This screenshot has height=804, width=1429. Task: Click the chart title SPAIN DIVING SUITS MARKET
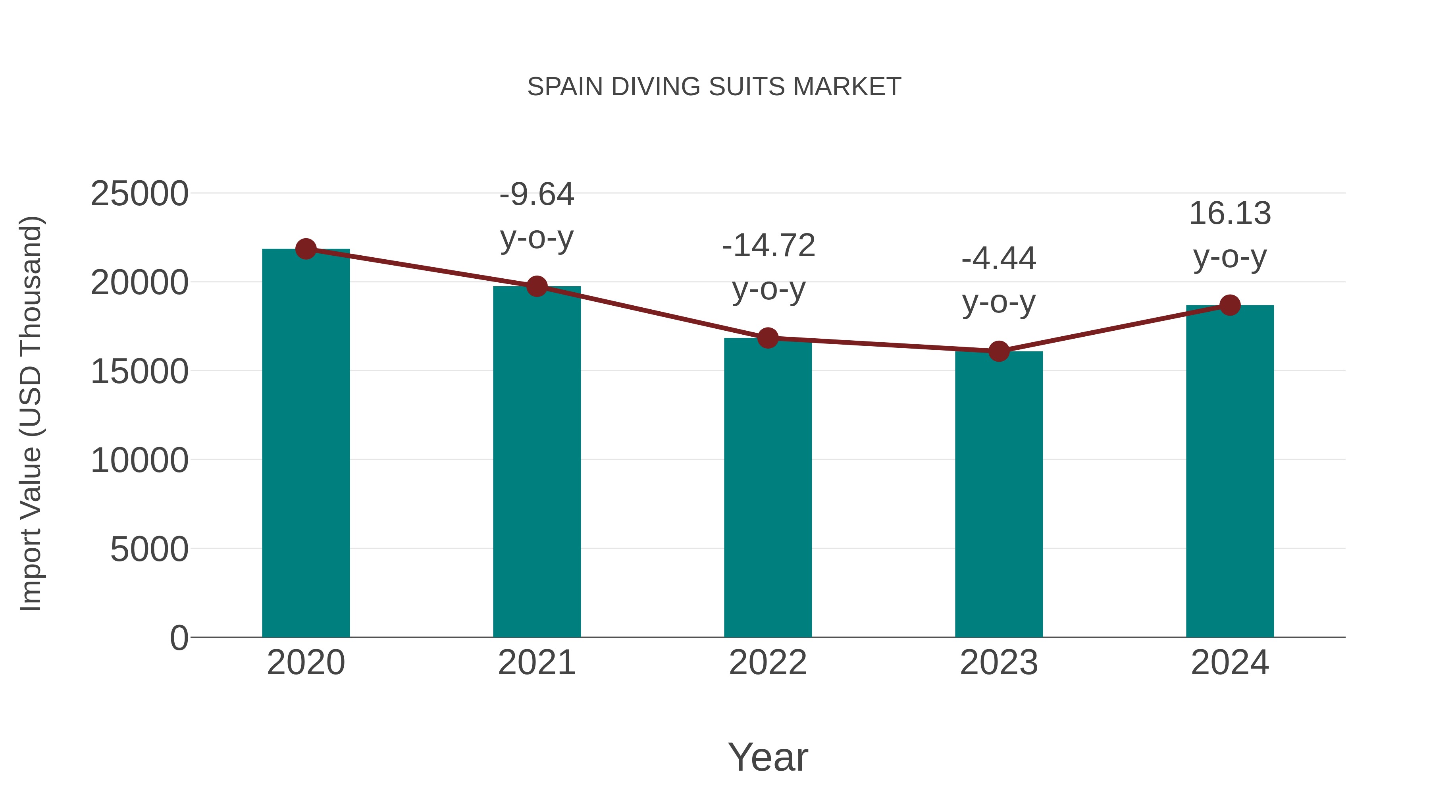pos(714,87)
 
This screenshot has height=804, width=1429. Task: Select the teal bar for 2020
pos(306,444)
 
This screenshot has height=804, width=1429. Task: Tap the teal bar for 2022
pos(768,488)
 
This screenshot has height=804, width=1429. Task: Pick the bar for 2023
pos(999,494)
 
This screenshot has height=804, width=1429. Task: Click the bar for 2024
pos(1230,472)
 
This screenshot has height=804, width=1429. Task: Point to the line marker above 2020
pos(306,249)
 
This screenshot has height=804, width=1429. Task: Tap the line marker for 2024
pos(1230,305)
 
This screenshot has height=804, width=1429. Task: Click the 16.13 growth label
pos(1230,214)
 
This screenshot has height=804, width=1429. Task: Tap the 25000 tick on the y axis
pos(139,194)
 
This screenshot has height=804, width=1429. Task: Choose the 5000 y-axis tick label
pos(149,549)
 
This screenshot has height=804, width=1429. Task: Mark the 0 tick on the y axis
pos(179,638)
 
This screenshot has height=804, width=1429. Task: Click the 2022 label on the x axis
pos(768,663)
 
